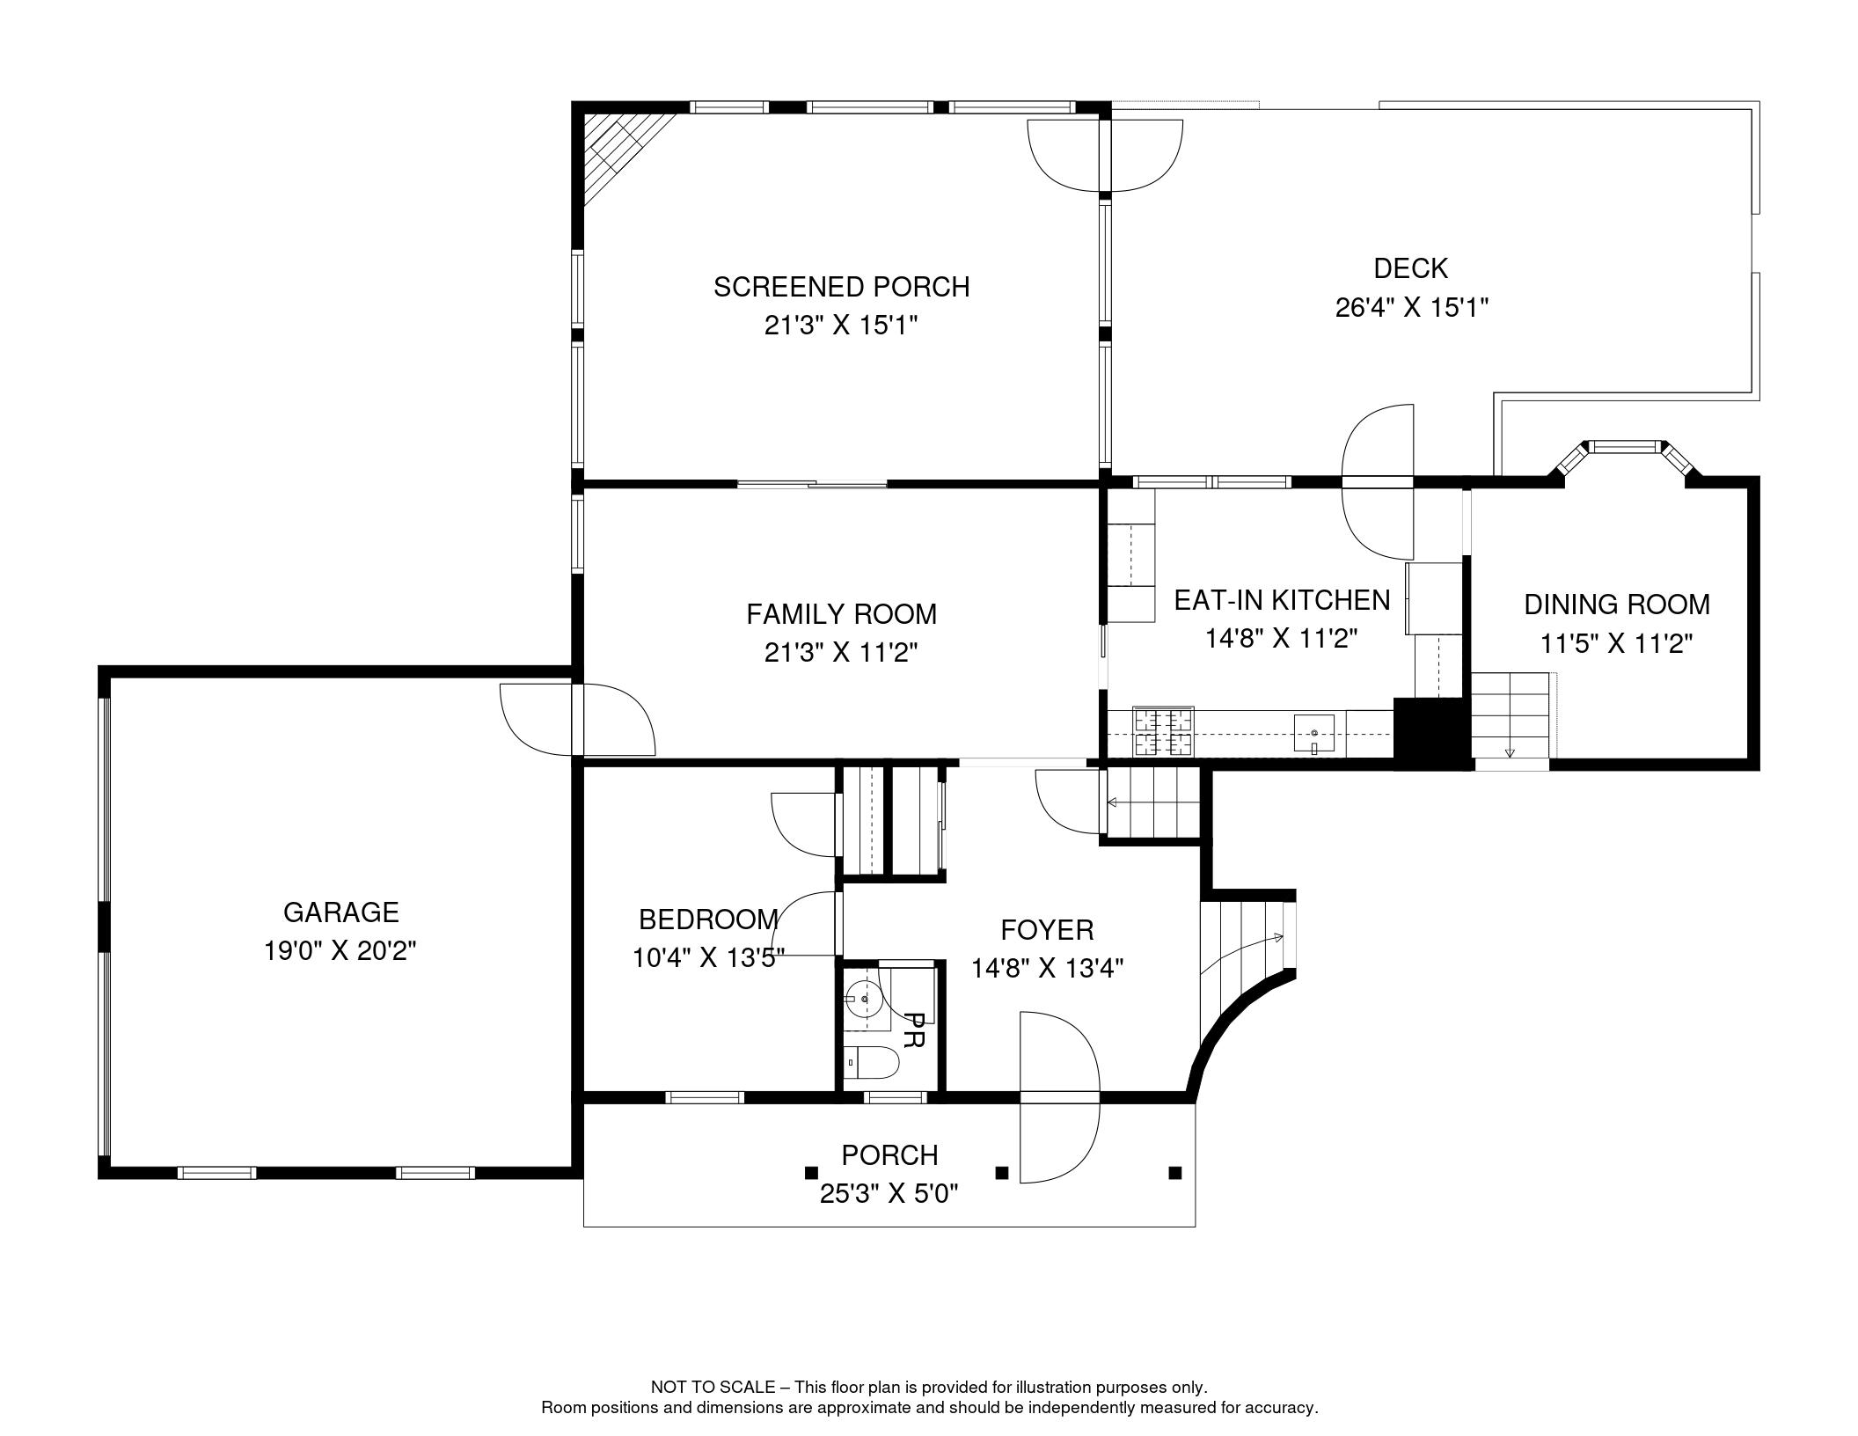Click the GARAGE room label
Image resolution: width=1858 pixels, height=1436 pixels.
point(340,912)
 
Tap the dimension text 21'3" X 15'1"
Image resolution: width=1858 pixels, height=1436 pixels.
point(840,326)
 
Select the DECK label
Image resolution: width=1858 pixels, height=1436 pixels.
point(1410,267)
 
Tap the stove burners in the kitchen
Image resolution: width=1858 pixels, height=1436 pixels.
point(1163,732)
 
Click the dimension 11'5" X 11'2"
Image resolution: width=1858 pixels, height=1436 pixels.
point(1616,644)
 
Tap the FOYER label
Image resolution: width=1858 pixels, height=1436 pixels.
point(1047,929)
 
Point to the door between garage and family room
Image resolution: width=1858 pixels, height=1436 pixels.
point(578,719)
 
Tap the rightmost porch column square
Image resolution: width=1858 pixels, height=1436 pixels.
point(1174,1172)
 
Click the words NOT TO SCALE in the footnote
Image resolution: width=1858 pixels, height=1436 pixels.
point(712,1387)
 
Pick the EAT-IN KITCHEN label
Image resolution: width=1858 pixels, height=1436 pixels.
point(1282,600)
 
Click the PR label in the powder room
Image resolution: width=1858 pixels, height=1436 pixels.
point(914,1030)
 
